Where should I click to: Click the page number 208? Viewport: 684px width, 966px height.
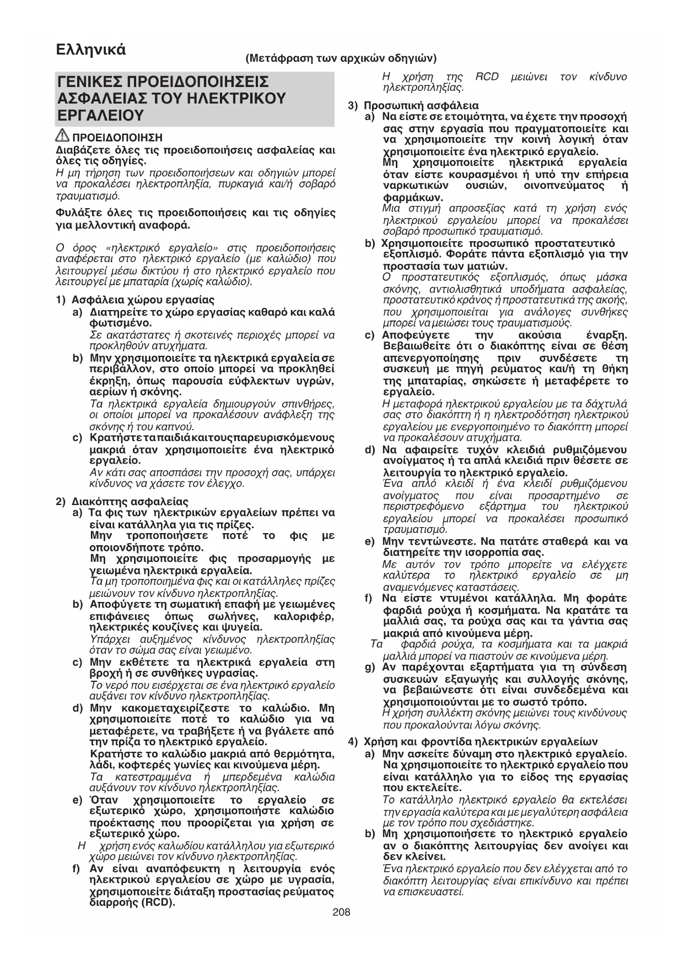pos(342,913)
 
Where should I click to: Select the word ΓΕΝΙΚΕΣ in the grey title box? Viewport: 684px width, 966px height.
pos(91,83)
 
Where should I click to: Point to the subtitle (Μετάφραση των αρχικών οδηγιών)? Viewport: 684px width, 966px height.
pos(341,58)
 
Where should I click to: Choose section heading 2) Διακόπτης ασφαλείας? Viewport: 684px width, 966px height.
pos(130,502)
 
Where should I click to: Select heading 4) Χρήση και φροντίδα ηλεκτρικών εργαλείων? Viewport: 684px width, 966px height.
pos(480,742)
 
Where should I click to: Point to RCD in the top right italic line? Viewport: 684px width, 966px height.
pos(487,77)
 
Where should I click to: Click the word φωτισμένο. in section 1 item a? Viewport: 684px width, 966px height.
pos(116,323)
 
